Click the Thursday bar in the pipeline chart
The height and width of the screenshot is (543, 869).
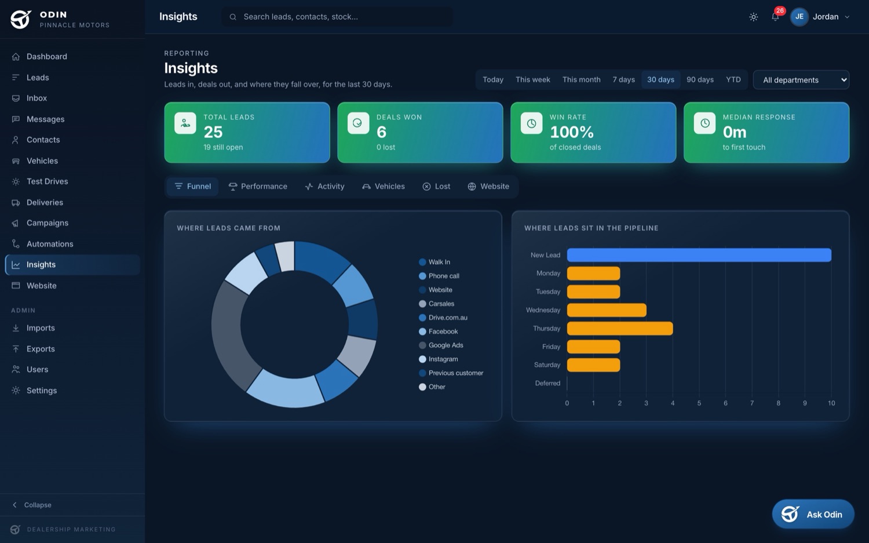point(620,329)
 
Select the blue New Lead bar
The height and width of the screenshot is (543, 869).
point(699,255)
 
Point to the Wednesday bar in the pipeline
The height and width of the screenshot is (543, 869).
point(607,310)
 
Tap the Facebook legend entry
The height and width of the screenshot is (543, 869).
point(439,331)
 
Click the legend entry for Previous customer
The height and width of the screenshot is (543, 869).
point(451,373)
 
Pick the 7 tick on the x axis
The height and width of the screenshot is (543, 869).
point(752,403)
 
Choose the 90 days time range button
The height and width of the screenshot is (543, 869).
point(700,79)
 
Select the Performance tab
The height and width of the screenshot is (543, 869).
point(258,186)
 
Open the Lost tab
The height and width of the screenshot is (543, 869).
point(436,186)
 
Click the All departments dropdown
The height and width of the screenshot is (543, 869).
point(801,80)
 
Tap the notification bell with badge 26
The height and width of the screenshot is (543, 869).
point(775,17)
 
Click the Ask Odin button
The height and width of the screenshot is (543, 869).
point(813,514)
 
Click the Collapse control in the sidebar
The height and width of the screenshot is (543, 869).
point(32,505)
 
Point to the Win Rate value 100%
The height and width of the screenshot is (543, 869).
point(571,132)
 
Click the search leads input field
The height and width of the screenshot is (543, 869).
point(337,17)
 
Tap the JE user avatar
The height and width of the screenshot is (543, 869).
point(799,17)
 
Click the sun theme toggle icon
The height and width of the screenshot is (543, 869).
point(753,17)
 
